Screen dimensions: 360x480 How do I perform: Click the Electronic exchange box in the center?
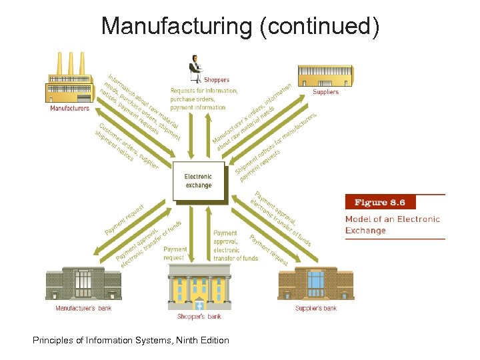click(198, 181)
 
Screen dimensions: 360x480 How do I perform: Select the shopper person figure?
click(195, 67)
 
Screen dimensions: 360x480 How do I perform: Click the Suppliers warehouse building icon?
click(326, 75)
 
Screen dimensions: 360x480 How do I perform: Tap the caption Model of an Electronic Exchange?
click(392, 225)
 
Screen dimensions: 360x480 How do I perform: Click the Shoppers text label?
click(216, 81)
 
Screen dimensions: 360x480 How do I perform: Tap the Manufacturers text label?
click(69, 108)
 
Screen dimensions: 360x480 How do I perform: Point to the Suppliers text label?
click(325, 92)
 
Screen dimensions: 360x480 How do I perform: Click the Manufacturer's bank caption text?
click(83, 309)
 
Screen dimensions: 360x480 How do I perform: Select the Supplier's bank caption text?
click(316, 309)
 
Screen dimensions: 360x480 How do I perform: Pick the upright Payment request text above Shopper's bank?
click(175, 253)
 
